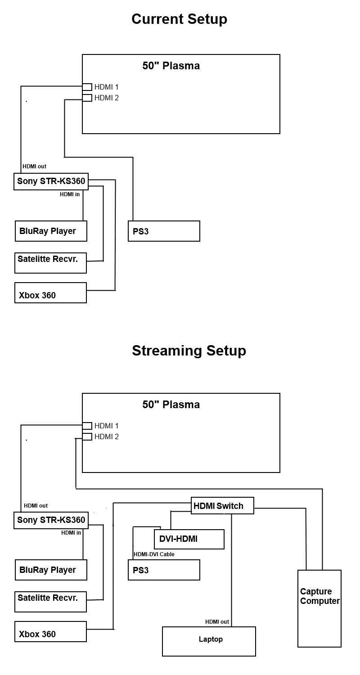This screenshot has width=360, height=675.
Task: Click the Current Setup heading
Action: [x=179, y=19]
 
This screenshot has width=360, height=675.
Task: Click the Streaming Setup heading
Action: [x=189, y=351]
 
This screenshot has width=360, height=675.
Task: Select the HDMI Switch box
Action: [x=222, y=505]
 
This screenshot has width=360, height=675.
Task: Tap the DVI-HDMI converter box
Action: [x=189, y=539]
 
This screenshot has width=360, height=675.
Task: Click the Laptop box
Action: [x=209, y=641]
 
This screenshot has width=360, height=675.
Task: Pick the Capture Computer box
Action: [x=319, y=608]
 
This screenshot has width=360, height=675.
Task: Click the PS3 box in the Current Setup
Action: [x=164, y=231]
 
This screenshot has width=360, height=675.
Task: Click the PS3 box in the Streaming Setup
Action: [x=164, y=570]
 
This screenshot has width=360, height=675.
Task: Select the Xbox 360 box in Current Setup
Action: [x=50, y=293]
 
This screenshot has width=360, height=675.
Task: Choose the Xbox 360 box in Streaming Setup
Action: [x=50, y=632]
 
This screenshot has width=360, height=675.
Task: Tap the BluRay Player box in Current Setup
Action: [x=51, y=231]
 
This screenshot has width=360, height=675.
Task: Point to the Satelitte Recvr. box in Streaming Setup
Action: [x=50, y=602]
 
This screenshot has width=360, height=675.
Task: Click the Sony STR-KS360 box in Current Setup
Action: [x=51, y=181]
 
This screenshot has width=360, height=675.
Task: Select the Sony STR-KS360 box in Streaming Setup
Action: [x=51, y=520]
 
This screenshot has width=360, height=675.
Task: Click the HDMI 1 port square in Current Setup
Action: [x=87, y=87]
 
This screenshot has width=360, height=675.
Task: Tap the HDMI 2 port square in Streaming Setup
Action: [x=87, y=436]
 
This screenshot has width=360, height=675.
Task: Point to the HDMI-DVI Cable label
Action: [x=154, y=554]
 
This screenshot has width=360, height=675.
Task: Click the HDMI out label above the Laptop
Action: [x=217, y=622]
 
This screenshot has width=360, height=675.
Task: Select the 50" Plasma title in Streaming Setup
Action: [x=171, y=405]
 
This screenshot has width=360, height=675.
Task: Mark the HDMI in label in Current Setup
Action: [x=70, y=194]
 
